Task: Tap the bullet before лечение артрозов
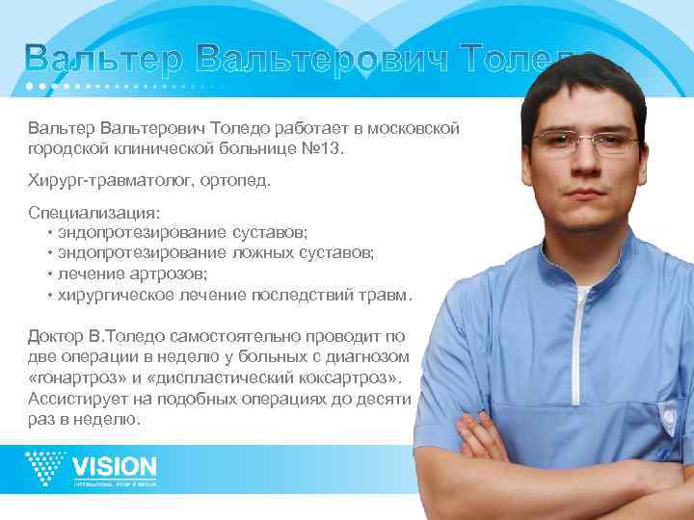tap(49, 273)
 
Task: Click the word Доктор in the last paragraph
tap(55, 336)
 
